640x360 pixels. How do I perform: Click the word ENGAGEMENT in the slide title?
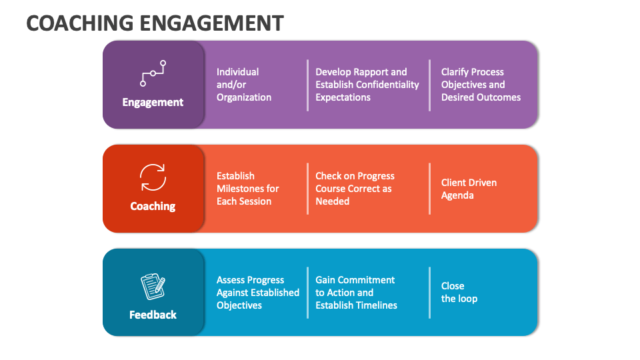pos(212,23)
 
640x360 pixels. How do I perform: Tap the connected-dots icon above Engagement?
pos(153,73)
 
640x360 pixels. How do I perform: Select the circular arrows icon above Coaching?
pos(153,178)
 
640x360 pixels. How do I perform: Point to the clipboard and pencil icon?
pos(153,286)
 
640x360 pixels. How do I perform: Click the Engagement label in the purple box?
pos(153,102)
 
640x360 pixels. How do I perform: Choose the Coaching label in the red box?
pos(153,206)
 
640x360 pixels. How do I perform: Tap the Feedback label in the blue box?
pos(153,315)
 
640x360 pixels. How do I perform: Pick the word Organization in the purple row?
pos(244,97)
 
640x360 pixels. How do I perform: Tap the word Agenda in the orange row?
pos(457,195)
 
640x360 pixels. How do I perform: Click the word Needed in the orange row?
pos(332,201)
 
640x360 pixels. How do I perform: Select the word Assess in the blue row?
pos(231,280)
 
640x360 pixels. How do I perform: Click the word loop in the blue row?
pos(468,299)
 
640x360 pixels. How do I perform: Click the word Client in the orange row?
pos(454,183)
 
